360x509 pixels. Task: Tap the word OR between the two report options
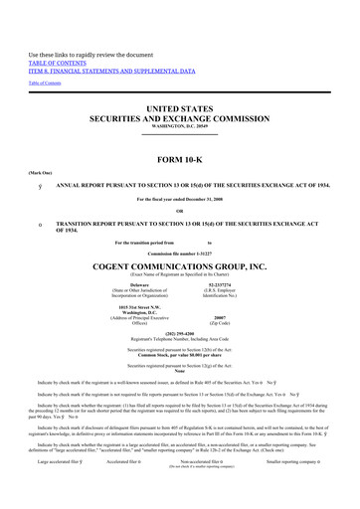pyautogui.click(x=179, y=210)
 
